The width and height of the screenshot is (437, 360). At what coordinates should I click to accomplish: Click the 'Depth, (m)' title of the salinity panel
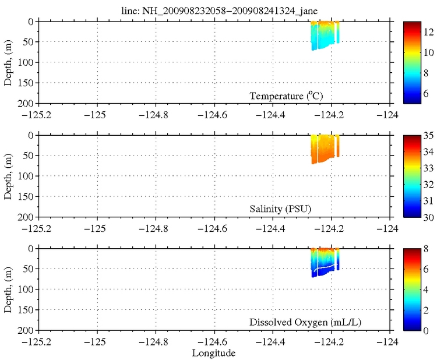pos(9,176)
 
